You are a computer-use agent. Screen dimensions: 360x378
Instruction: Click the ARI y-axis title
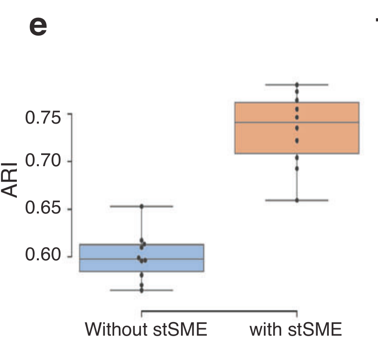click(11, 180)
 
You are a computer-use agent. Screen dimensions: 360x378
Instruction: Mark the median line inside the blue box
click(112, 259)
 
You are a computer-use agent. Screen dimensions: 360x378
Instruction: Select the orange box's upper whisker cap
click(297, 85)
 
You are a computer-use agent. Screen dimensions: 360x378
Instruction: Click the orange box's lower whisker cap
click(297, 200)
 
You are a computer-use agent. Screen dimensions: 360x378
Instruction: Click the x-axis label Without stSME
click(145, 330)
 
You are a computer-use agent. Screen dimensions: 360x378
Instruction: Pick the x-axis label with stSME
click(296, 330)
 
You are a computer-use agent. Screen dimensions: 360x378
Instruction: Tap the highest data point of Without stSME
click(141, 206)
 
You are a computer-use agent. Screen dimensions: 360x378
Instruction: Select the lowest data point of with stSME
click(297, 200)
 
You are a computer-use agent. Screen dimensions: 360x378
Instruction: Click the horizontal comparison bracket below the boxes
click(219, 311)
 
